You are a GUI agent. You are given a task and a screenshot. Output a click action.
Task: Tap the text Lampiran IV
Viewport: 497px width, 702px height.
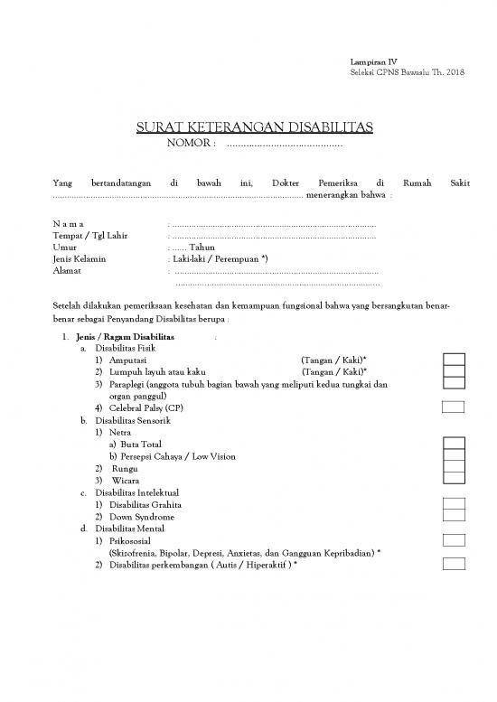click(354, 61)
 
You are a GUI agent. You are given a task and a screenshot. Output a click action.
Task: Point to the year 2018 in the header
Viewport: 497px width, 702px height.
click(455, 71)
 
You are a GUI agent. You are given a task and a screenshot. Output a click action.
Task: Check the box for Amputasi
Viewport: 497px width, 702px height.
click(454, 360)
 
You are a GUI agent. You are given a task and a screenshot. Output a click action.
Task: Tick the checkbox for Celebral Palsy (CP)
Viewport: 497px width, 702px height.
click(454, 407)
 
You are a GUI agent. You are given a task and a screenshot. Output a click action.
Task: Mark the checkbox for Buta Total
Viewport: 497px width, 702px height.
click(454, 444)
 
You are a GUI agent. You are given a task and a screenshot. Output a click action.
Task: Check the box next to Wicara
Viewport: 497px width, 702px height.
click(454, 481)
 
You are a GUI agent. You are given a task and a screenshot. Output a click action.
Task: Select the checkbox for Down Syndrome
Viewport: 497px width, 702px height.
click(454, 517)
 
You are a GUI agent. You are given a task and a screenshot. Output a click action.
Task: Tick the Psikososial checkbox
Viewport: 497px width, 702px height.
click(454, 540)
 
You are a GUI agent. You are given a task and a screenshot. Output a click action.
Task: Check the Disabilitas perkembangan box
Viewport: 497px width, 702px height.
click(454, 564)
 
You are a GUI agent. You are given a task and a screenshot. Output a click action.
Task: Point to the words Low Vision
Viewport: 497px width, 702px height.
click(215, 456)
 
